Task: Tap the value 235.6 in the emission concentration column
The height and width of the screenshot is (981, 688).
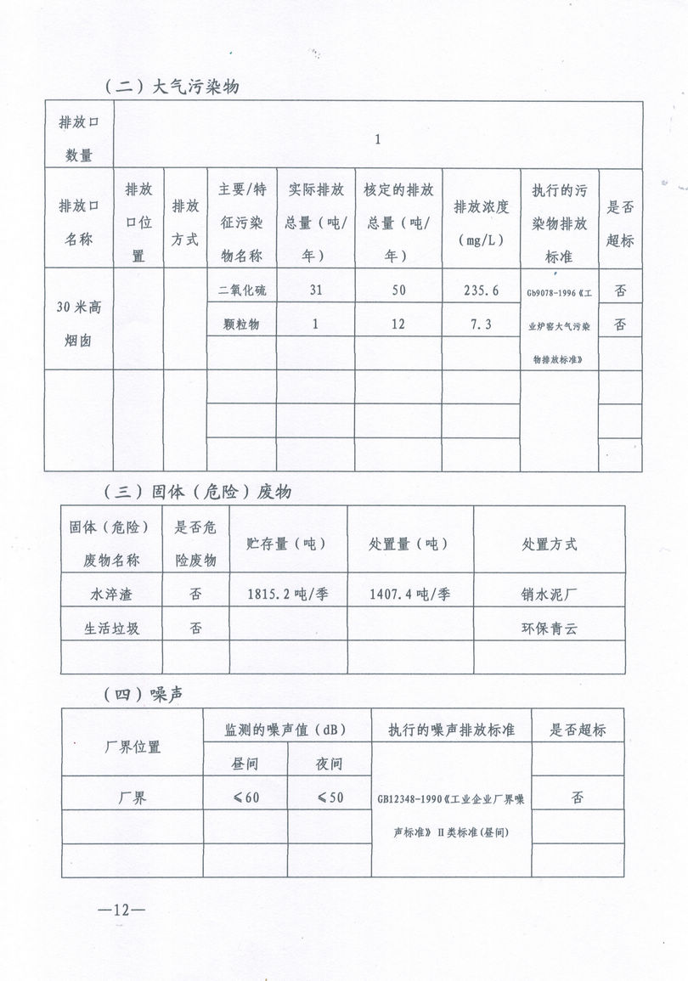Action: tap(481, 290)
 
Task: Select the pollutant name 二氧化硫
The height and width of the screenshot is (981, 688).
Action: tap(242, 290)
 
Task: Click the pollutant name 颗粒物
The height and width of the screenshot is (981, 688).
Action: tap(242, 324)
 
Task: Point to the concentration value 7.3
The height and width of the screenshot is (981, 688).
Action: tap(481, 324)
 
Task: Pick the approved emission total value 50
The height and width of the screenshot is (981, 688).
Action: tap(398, 290)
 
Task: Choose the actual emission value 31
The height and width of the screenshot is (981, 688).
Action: tap(315, 290)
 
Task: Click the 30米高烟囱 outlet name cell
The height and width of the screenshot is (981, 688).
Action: tap(79, 319)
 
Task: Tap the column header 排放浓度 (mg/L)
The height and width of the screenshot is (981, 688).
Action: tap(481, 218)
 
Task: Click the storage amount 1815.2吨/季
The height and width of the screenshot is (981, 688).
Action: tap(287, 594)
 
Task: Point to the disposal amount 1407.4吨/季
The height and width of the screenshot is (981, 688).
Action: tap(410, 594)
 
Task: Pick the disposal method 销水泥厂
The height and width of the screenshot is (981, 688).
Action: tap(549, 594)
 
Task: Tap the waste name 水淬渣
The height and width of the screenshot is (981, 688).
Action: tap(111, 594)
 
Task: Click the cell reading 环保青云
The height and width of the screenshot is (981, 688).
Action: tap(549, 629)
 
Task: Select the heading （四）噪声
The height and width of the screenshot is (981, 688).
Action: tap(145, 694)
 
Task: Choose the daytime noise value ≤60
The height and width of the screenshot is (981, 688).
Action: tap(245, 798)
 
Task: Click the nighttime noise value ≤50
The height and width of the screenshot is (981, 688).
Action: tap(330, 798)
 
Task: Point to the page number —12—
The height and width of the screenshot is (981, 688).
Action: tap(121, 910)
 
